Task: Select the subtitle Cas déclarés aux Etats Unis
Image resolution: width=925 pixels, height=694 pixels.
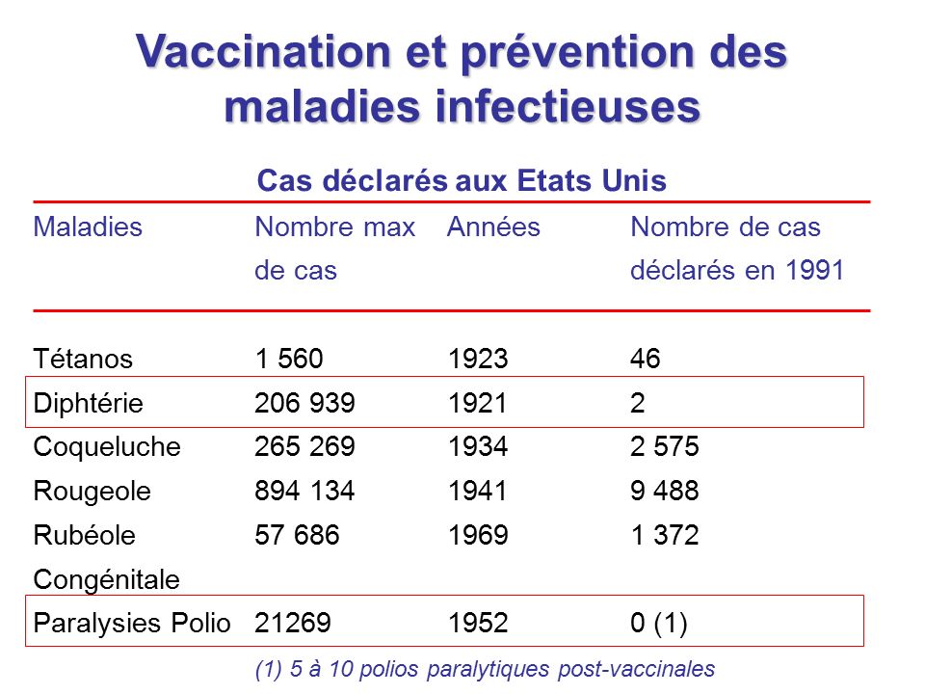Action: tap(462, 181)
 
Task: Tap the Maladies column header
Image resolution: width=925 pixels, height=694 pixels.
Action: tap(88, 227)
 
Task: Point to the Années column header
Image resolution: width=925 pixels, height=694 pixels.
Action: tap(493, 227)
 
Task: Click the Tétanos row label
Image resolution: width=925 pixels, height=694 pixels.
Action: tap(83, 360)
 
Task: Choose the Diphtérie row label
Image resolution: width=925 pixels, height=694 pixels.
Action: tap(89, 403)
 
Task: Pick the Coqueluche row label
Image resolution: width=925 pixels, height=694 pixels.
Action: tap(107, 447)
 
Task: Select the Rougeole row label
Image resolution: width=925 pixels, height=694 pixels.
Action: tap(92, 492)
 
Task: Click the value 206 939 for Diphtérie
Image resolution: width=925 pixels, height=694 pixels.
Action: tap(305, 403)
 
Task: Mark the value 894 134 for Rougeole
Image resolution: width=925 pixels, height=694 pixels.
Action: tap(305, 492)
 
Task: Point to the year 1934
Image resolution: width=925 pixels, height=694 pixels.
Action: tap(478, 447)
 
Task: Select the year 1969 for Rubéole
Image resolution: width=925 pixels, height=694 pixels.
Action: tap(478, 535)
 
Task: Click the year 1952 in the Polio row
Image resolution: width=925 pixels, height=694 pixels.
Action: tap(478, 624)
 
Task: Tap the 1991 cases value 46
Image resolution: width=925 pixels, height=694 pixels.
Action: tap(646, 360)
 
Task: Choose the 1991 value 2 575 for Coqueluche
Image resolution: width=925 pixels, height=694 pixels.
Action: tap(665, 447)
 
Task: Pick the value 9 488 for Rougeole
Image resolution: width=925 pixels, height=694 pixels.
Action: tap(665, 492)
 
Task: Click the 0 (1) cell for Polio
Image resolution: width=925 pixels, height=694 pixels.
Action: tap(659, 624)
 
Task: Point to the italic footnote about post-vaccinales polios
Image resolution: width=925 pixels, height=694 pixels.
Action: tap(485, 668)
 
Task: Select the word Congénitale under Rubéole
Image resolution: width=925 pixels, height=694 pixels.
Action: tap(106, 579)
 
